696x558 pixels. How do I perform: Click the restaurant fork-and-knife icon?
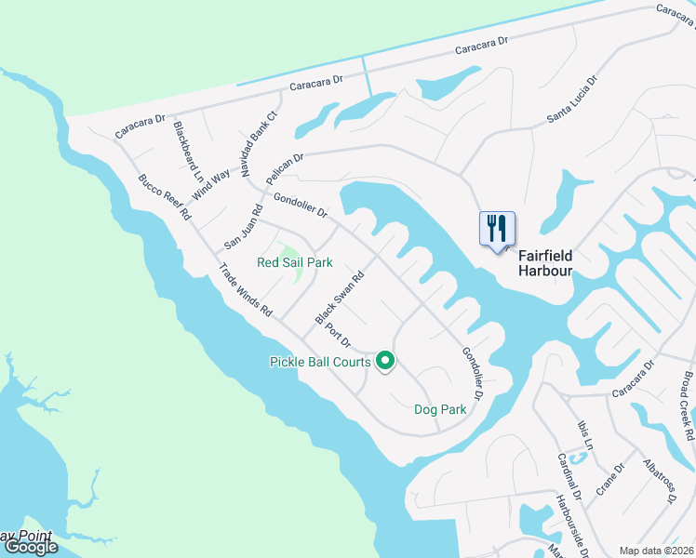pos(497,228)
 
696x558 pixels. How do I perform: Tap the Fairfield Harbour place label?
pos(544,262)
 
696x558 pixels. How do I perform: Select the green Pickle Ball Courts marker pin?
pos(384,361)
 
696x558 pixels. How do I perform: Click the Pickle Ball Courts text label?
pos(320,361)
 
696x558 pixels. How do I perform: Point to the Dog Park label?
pos(439,409)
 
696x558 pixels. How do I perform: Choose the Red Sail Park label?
pos(294,262)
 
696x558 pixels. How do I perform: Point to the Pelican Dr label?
pos(284,167)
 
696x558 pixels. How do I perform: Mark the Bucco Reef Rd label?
pos(165,196)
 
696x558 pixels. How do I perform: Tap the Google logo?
pos(31,547)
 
